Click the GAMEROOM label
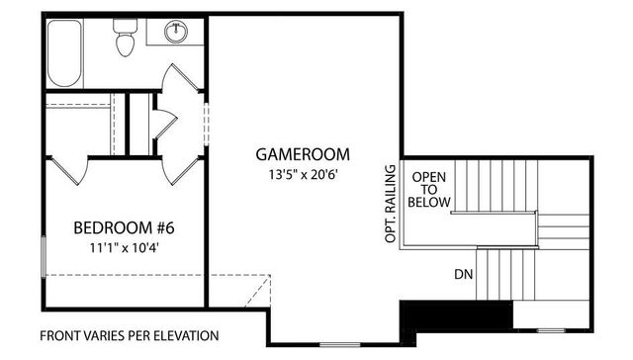click(304, 154)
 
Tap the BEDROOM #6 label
click(125, 229)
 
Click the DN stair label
click(462, 274)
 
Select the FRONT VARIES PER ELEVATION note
click(130, 335)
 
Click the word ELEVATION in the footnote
click(185, 335)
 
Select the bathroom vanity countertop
click(176, 31)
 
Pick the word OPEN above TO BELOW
click(429, 175)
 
